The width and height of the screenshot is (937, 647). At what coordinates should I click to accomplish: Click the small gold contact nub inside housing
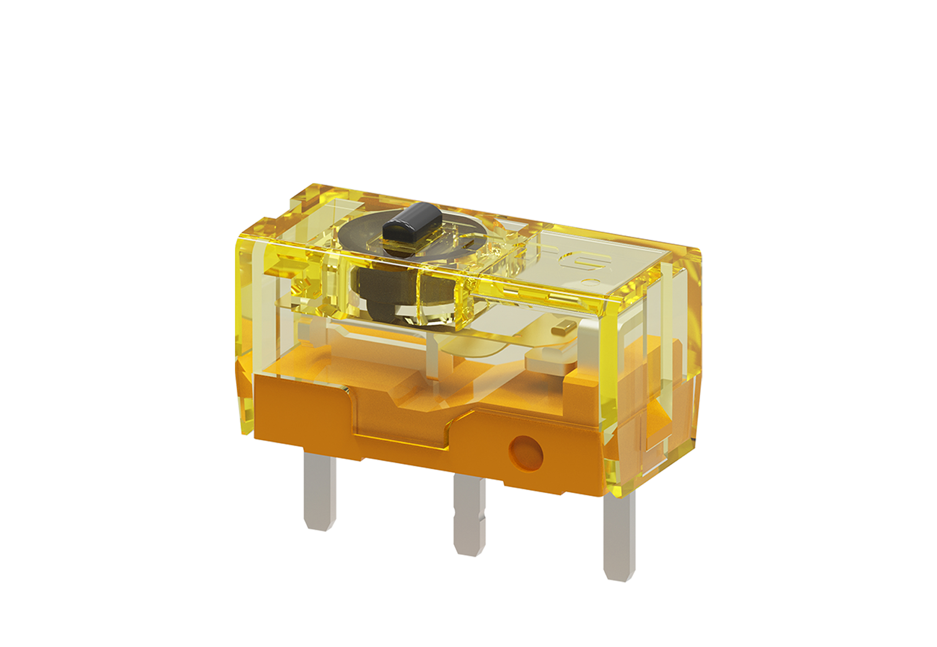[564, 328]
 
